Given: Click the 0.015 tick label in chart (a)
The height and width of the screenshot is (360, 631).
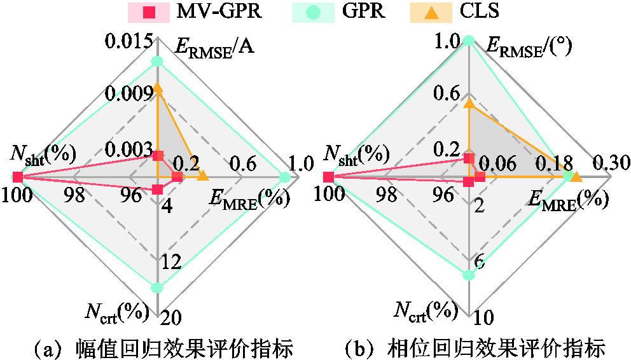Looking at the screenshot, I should click(130, 43).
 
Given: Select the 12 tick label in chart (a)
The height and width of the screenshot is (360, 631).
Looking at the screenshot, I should click(172, 261).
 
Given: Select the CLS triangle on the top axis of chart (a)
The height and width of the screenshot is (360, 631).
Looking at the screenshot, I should click(157, 88).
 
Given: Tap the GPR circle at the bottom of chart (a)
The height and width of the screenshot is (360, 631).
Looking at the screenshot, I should click(157, 287).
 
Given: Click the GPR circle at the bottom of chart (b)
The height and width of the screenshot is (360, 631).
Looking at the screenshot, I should click(469, 275).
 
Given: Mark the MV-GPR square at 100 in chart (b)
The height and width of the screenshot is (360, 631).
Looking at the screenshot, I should click(328, 177).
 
